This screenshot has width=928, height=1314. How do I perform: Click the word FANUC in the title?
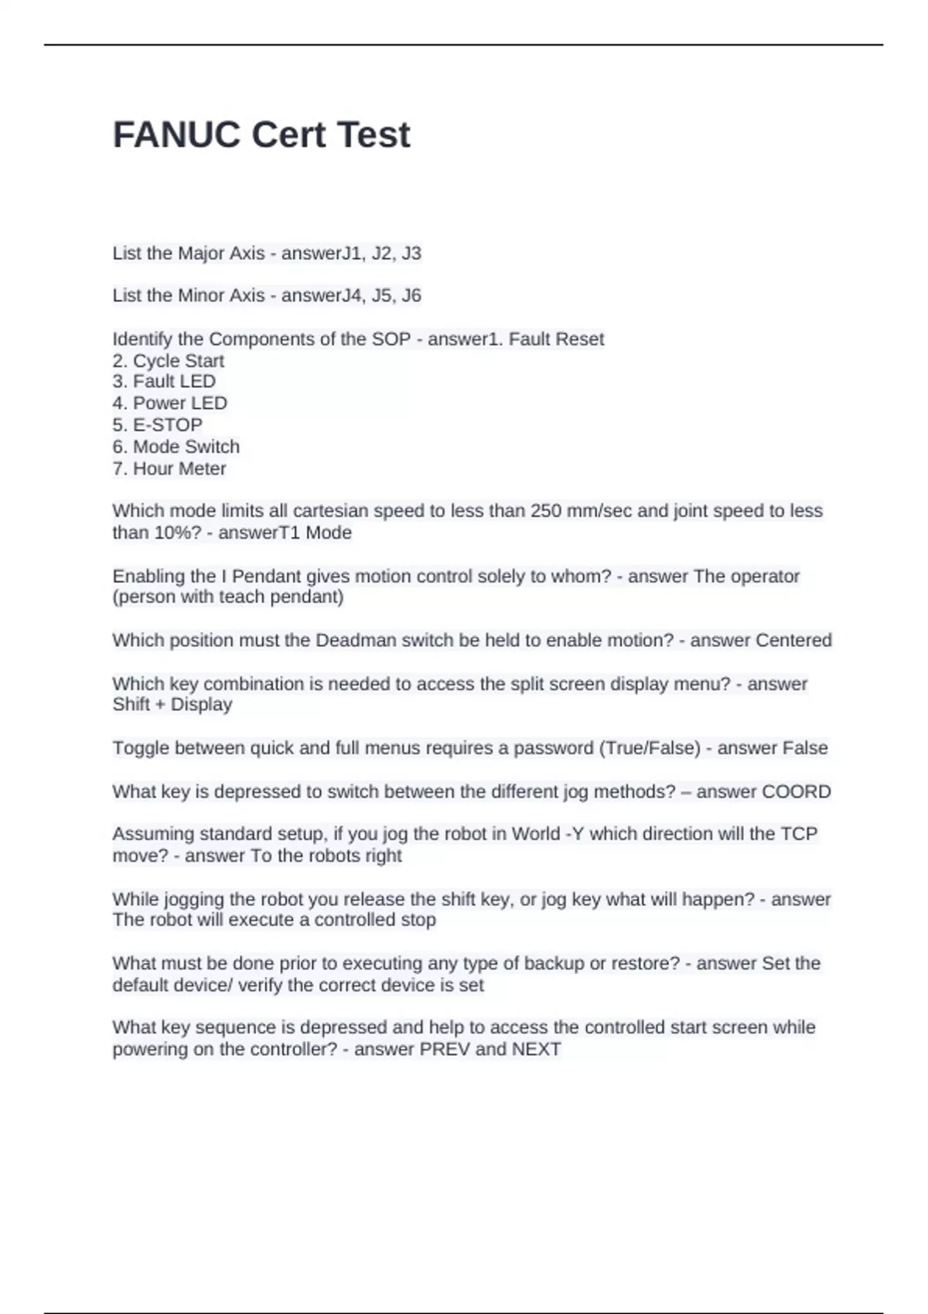click(176, 135)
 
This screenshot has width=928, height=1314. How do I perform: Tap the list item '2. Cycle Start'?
click(169, 361)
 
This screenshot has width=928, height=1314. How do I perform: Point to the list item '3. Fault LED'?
click(164, 382)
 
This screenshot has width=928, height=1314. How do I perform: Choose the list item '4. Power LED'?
click(169, 403)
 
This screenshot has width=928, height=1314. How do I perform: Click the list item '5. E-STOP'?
click(158, 425)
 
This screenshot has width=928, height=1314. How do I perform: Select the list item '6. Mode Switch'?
click(176, 447)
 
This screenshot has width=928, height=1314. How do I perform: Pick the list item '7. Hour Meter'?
click(169, 469)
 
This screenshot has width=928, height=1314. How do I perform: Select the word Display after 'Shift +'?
click(201, 705)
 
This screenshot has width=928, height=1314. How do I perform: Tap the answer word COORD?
click(797, 792)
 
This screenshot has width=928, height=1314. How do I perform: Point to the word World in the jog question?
click(536, 834)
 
